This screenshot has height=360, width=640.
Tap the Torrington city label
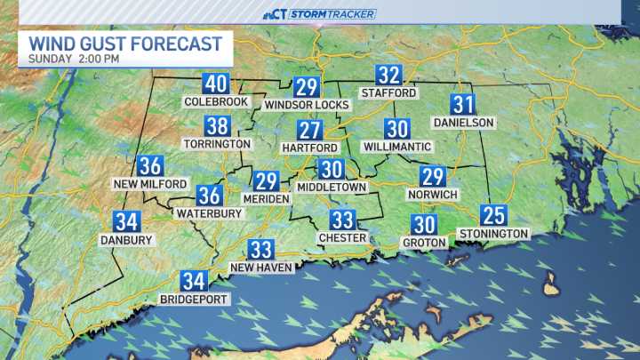click(x=218, y=143)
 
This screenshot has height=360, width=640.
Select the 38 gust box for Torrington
click(x=218, y=126)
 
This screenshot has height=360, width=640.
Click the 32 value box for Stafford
click(x=388, y=76)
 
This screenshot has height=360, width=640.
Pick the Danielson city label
click(x=463, y=122)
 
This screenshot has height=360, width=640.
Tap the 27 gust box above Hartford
click(x=309, y=130)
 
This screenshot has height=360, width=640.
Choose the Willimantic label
click(x=397, y=147)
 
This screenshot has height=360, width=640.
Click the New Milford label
click(x=151, y=184)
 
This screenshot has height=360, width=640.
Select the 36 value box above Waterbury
click(x=210, y=196)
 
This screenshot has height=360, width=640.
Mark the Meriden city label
click(x=267, y=199)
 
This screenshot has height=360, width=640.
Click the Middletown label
click(x=332, y=188)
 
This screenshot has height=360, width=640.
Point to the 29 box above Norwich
click(x=433, y=177)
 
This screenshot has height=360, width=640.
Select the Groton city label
click(x=424, y=243)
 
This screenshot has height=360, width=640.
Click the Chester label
click(x=342, y=237)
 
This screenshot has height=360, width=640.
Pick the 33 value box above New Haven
click(x=260, y=250)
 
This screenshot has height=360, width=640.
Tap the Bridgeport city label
click(x=194, y=300)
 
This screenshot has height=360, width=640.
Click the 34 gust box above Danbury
click(x=126, y=222)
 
